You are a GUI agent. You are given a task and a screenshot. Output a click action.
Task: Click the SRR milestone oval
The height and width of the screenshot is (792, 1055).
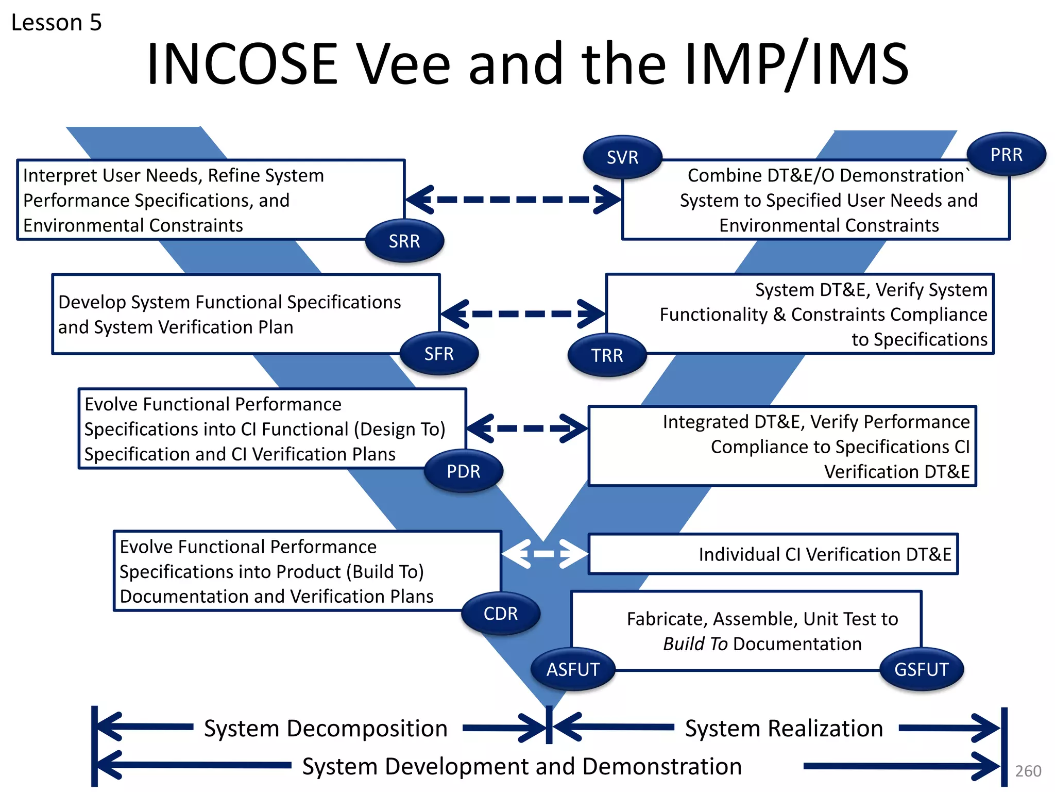(404, 241)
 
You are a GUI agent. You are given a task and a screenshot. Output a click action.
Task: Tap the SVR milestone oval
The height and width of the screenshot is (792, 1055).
(622, 157)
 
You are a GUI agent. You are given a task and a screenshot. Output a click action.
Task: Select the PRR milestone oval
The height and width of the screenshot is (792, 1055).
(1006, 155)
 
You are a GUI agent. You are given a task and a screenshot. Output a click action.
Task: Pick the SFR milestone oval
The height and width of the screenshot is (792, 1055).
(439, 354)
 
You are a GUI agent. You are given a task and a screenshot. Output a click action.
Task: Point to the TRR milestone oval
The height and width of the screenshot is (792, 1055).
(607, 355)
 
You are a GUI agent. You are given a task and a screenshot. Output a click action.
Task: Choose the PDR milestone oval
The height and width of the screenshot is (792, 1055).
(463, 471)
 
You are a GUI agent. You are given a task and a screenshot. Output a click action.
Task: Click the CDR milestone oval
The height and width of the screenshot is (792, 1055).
(500, 614)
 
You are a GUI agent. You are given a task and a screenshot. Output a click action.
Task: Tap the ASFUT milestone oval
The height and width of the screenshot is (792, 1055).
(573, 669)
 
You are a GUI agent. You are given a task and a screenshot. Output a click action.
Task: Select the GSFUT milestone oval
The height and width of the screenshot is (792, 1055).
(921, 669)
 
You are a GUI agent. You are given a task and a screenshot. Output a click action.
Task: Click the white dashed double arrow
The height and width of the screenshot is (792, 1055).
(544, 554)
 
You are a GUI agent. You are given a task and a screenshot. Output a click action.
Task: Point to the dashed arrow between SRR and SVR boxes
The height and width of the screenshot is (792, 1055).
(513, 200)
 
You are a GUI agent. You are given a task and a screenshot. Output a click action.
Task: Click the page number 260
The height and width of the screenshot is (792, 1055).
(1028, 771)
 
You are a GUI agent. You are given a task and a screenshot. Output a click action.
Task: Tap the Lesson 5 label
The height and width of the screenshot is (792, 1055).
(57, 23)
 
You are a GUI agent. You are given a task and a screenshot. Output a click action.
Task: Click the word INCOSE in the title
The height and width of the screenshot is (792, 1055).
(242, 64)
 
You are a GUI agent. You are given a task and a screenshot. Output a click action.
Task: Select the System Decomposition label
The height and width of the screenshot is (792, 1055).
(326, 728)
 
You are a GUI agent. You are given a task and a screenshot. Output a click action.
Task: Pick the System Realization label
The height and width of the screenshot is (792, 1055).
(784, 728)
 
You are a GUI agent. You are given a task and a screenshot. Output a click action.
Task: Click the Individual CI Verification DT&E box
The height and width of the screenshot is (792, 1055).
(773, 554)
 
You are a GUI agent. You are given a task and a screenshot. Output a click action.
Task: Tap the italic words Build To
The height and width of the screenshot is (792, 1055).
(695, 644)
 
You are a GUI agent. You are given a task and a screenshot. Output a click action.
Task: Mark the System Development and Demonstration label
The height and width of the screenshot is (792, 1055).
(522, 766)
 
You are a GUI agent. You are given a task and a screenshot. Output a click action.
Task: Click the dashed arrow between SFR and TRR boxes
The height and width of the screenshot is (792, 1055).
(523, 313)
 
